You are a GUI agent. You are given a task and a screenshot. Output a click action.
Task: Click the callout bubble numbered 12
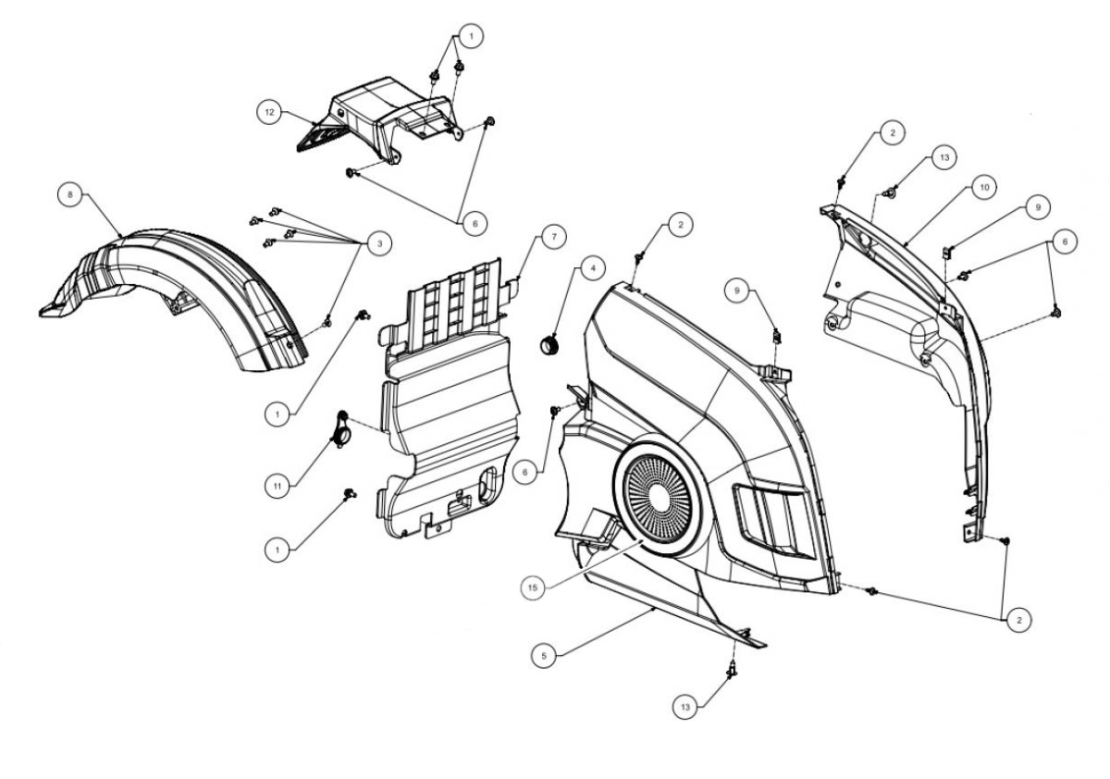pyautogui.click(x=269, y=113)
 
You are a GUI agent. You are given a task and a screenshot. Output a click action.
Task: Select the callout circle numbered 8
pyautogui.click(x=70, y=194)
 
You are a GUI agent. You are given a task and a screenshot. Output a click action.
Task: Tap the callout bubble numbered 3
pyautogui.click(x=379, y=243)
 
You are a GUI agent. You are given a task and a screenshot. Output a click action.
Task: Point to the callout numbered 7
pyautogui.click(x=554, y=237)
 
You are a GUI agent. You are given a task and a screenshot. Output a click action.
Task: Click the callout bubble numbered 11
pyautogui.click(x=277, y=486)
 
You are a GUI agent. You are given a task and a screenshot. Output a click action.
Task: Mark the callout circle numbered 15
pyautogui.click(x=533, y=587)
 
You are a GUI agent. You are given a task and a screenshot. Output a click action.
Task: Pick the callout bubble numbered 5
pyautogui.click(x=544, y=656)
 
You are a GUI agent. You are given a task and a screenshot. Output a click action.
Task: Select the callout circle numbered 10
pyautogui.click(x=984, y=187)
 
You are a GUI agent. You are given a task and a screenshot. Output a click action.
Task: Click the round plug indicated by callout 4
pyautogui.click(x=549, y=343)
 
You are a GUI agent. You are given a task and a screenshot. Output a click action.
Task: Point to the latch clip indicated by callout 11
pyautogui.click(x=340, y=429)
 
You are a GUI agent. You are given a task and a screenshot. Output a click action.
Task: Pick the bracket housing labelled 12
pyautogui.click(x=379, y=119)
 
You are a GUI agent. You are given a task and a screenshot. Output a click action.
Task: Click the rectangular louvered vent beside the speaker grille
pyautogui.click(x=773, y=520)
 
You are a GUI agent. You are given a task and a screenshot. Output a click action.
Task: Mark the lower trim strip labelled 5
pyautogui.click(x=674, y=611)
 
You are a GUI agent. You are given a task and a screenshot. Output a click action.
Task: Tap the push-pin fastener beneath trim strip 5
pyautogui.click(x=732, y=669)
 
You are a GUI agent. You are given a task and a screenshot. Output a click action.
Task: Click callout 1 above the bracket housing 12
pyautogui.click(x=471, y=36)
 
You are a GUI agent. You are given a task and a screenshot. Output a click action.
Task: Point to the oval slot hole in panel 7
pyautogui.click(x=487, y=481)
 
